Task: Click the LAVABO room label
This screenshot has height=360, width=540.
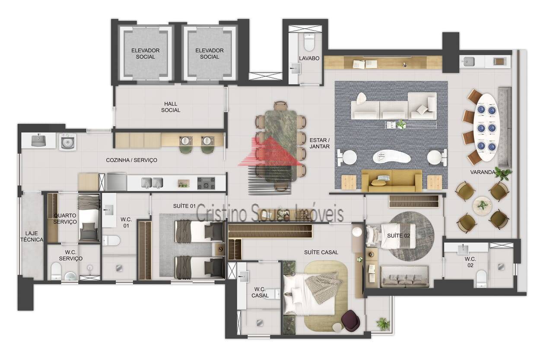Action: click(309, 58)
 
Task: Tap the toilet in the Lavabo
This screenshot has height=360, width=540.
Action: click(309, 42)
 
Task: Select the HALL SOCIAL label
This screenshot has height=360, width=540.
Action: click(171, 107)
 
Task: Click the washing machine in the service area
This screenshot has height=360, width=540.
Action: click(68, 142)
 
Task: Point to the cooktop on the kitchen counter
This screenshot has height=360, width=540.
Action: click(206, 183)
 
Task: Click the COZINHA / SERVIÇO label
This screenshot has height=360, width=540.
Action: click(132, 160)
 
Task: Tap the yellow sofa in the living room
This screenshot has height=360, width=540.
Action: click(392, 181)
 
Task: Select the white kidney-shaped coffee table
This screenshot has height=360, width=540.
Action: click(391, 157)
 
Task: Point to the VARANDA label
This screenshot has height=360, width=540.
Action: click(483, 172)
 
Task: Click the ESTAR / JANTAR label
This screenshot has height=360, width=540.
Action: click(319, 143)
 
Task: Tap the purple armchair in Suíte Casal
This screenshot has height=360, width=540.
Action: click(351, 320)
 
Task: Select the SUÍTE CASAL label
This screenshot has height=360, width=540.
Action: click(321, 252)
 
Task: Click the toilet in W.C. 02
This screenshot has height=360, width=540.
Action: click(481, 278)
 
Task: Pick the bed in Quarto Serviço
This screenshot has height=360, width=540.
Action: click(89, 218)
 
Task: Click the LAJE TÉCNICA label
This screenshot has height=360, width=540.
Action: click(32, 237)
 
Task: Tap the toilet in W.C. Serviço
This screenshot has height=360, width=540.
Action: click(56, 271)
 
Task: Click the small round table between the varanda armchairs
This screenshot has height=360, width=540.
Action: click(482, 205)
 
